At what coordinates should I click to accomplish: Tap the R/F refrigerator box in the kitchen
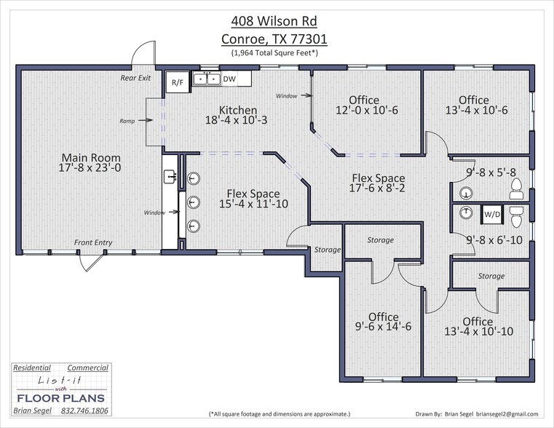177,82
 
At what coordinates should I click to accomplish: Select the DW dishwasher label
229,79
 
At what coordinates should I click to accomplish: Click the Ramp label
129,121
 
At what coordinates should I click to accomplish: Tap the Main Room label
91,157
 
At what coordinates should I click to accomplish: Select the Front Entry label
93,242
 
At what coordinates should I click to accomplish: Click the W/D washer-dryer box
492,215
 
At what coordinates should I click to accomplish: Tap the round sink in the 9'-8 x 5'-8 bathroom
466,193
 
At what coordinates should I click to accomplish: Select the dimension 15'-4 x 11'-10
253,204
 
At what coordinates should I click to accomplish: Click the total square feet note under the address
275,52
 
